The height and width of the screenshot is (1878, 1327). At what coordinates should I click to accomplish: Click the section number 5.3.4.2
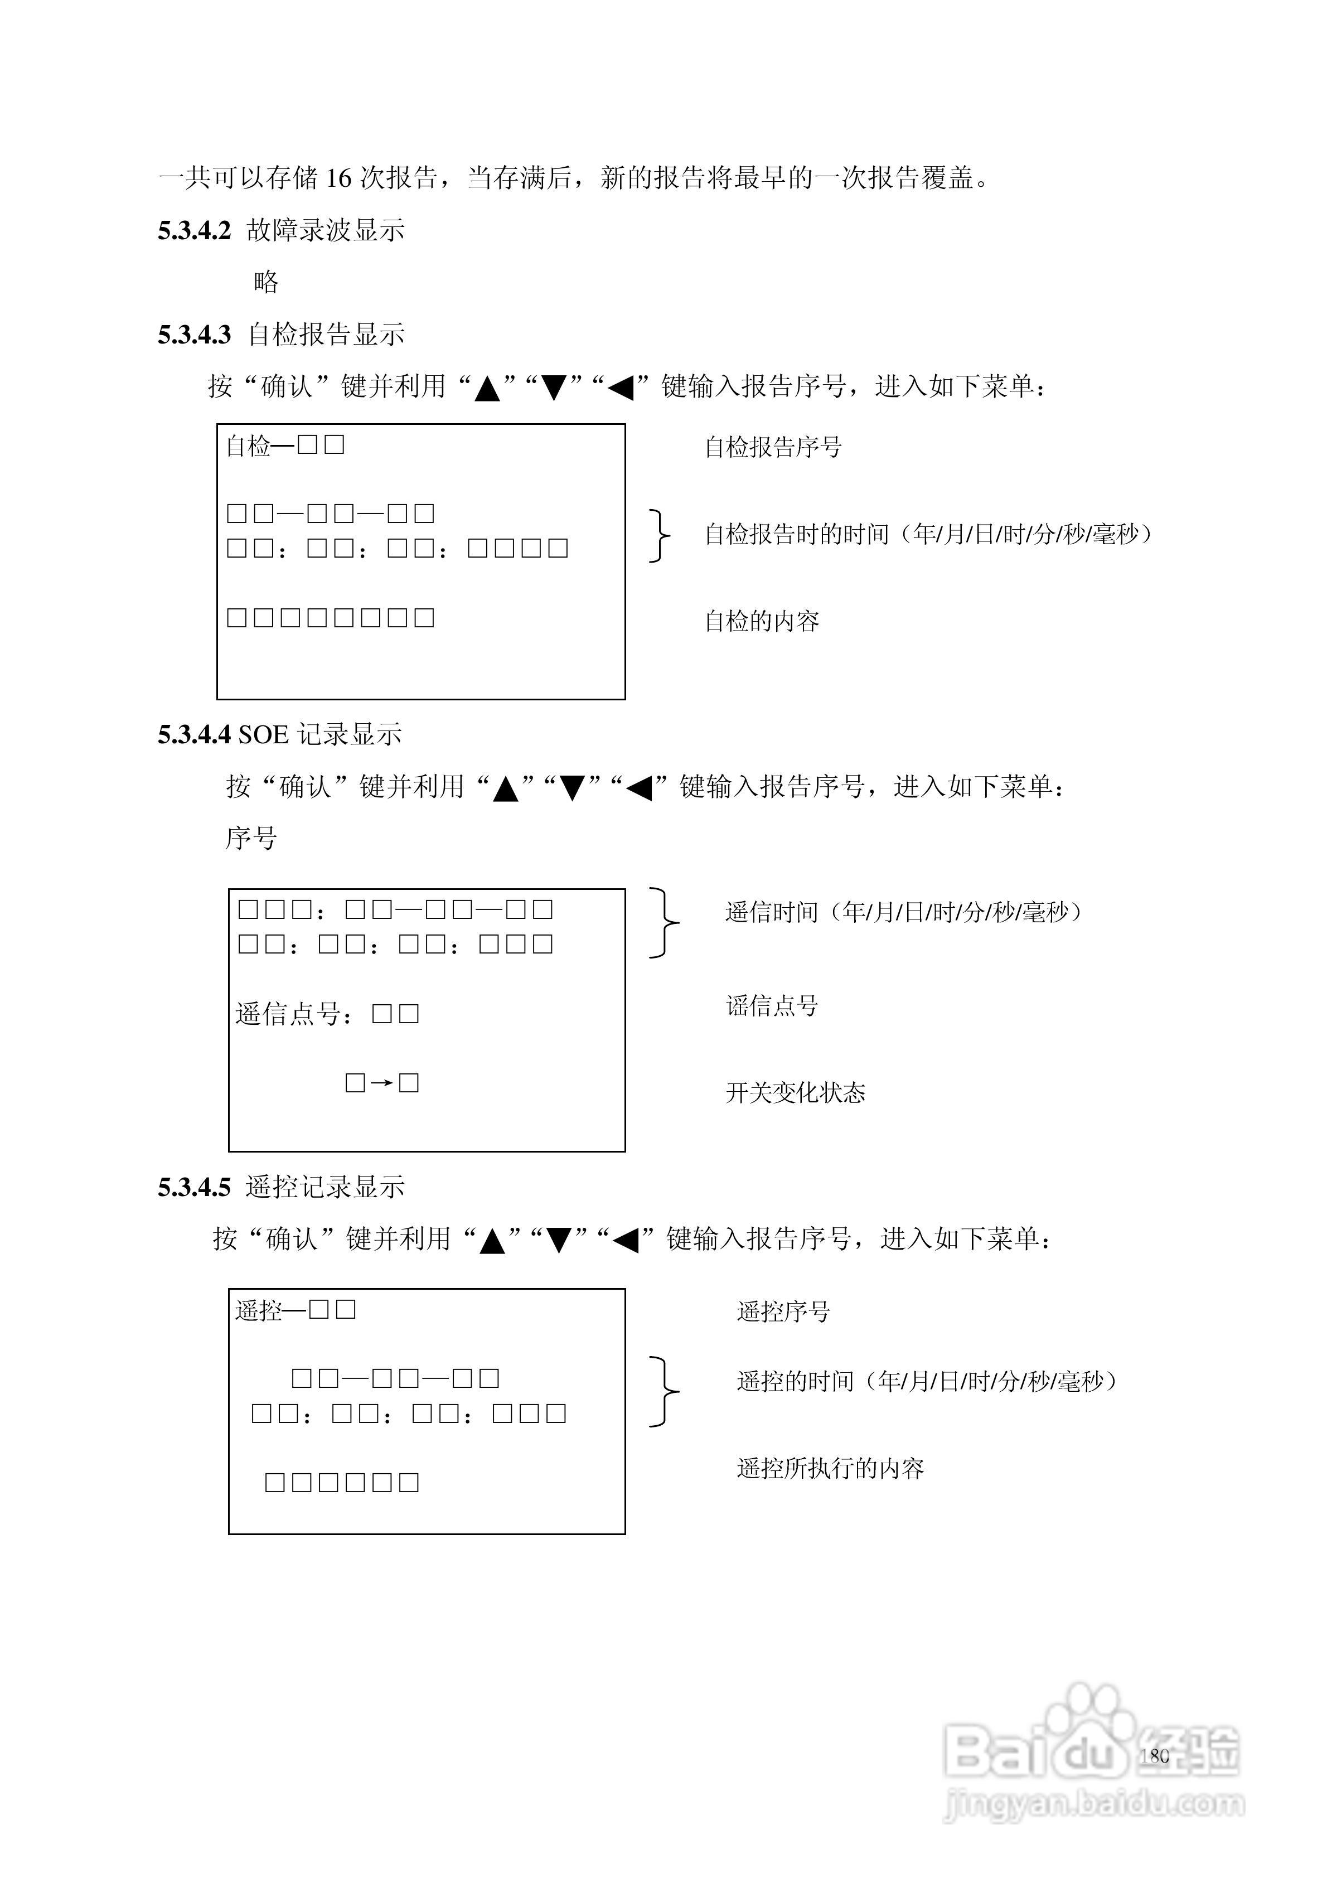tap(194, 231)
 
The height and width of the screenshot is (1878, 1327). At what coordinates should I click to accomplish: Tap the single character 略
tap(266, 282)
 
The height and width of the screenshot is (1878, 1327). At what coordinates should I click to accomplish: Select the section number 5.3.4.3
tap(194, 335)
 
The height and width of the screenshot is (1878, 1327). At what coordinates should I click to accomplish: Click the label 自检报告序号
tap(773, 447)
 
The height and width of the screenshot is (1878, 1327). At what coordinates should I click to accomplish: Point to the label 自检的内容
tap(762, 622)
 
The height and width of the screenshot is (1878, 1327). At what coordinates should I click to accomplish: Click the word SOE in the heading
tap(263, 734)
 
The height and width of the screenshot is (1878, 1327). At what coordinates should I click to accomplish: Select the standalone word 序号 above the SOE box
tap(251, 839)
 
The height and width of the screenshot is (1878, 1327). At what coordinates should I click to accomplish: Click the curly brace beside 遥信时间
tap(663, 923)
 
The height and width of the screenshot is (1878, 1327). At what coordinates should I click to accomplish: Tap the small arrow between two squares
tap(381, 1084)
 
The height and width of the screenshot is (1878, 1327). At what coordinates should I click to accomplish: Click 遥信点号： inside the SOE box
tap(296, 1015)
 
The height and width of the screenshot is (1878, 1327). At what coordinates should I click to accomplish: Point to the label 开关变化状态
tap(795, 1093)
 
